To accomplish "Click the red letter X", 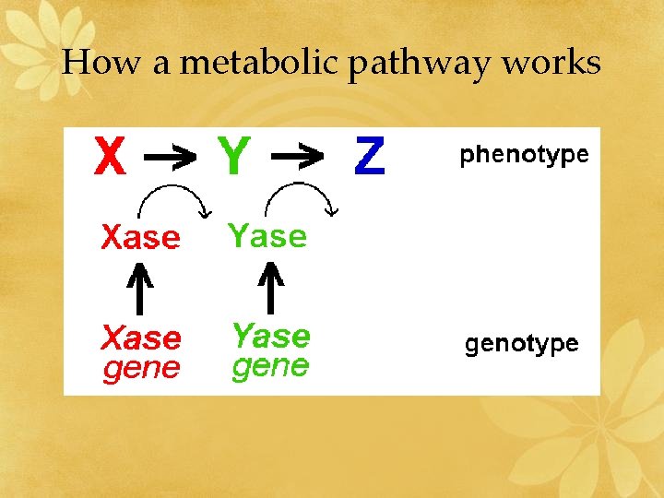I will point(110,157).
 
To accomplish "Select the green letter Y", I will point(233,157).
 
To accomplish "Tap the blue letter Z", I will point(369,158).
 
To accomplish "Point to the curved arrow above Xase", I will point(173,196).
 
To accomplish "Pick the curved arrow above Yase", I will point(301,196).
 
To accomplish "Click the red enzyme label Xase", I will point(140,238).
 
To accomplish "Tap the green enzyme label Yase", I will point(267,237).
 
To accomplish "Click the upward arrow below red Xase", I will point(139,288).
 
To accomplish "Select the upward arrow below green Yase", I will point(270,287).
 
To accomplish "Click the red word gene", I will point(140,370).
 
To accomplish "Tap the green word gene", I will point(270,367).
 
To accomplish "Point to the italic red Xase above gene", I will point(140,338).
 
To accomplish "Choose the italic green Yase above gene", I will point(270,335).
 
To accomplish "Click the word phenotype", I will point(524,155).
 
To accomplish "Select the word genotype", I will point(521,345).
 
